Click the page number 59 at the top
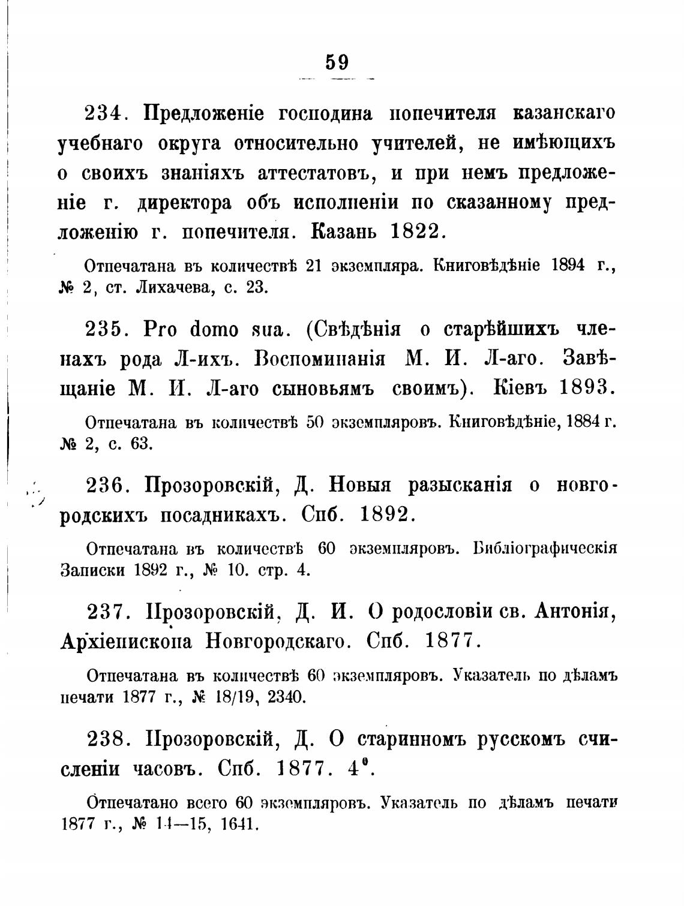click(x=337, y=62)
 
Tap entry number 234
click(x=104, y=113)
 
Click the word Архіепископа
click(x=127, y=642)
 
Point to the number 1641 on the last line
click(x=239, y=824)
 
